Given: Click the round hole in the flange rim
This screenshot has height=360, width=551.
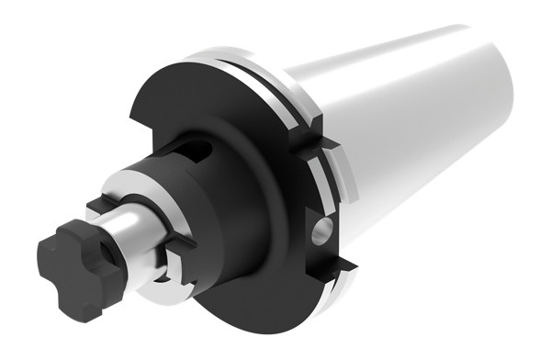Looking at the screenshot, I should [321, 230].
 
